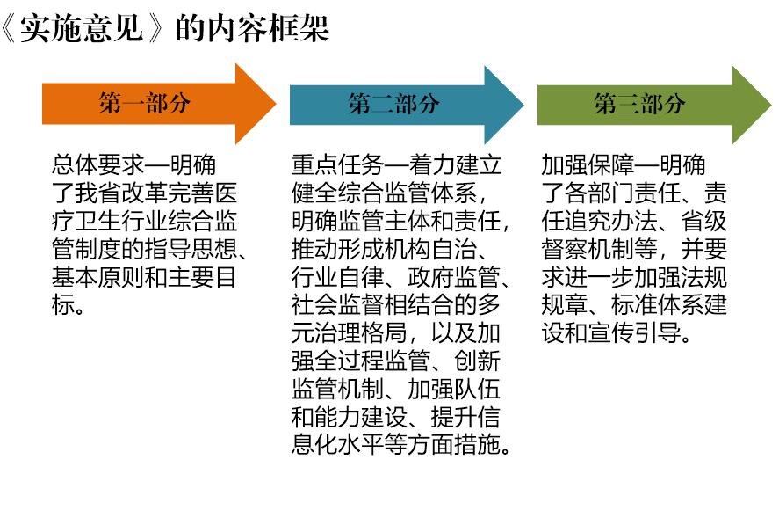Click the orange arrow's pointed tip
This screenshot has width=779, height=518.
coord(276,104)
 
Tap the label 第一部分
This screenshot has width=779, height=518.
coord(144,104)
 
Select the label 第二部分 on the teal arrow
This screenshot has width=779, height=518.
coord(393,104)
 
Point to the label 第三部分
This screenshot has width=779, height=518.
coord(639,104)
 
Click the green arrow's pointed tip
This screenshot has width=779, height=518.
coord(771,105)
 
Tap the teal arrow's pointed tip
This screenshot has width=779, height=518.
coord(523,105)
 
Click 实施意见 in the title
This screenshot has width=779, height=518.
coord(82,28)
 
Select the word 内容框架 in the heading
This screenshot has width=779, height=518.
coord(268,28)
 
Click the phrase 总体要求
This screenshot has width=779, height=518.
coord(98,165)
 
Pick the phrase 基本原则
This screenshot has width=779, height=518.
coord(98,277)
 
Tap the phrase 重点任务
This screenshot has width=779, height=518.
coord(338,165)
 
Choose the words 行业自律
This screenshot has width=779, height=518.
coord(338,277)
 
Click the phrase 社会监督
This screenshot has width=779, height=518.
coord(338,305)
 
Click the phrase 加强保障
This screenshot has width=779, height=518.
coord(588,165)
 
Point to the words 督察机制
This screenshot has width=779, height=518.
coord(588,249)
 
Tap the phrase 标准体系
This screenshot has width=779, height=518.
coord(658,305)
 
